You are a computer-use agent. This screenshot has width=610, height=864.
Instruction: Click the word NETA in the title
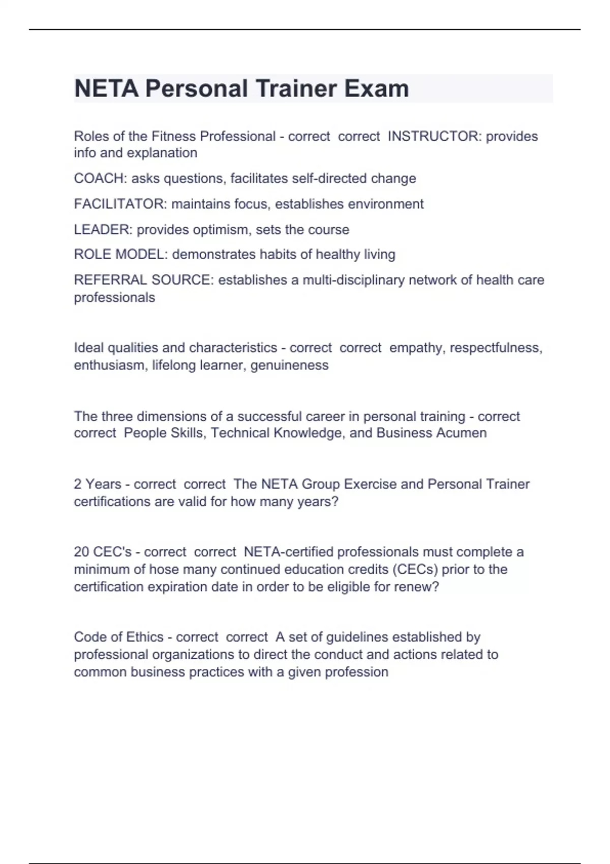coord(106,88)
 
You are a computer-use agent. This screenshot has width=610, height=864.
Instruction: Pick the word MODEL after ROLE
coord(142,254)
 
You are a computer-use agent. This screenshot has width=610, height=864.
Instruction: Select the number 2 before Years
coord(78,484)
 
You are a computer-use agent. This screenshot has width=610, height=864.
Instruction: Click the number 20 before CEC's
coord(81,552)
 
